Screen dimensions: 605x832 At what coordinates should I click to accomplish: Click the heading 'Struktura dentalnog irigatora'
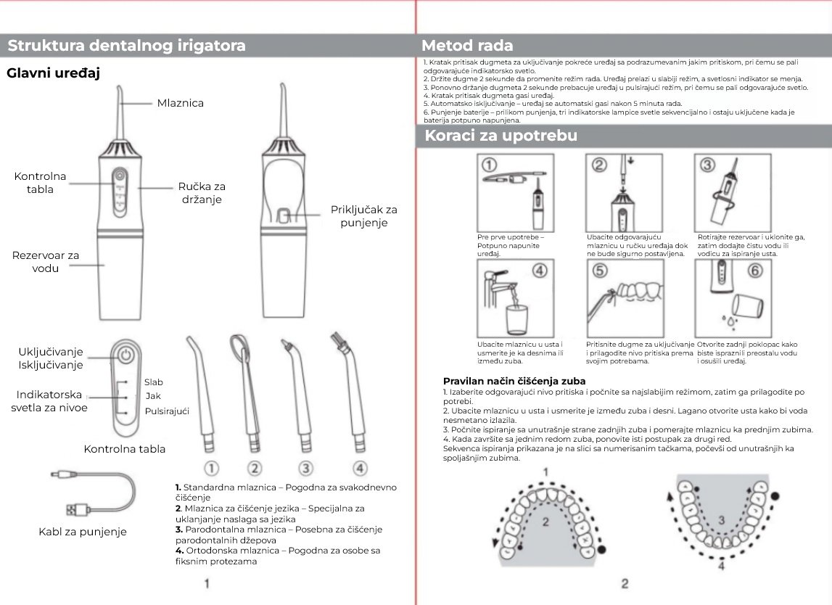click(126, 46)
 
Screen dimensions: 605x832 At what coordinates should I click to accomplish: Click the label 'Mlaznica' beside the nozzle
click(181, 103)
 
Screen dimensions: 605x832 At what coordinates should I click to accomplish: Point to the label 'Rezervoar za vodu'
click(46, 262)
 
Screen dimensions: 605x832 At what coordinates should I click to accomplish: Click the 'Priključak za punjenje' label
click(364, 215)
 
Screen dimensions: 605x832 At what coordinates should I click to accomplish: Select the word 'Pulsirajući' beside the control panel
click(167, 411)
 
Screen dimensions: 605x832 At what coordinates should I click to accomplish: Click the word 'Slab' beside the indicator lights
click(153, 382)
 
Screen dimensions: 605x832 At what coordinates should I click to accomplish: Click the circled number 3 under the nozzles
click(306, 468)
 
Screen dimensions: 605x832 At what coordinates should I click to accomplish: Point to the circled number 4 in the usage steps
click(539, 271)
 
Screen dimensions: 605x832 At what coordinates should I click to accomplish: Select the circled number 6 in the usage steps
click(754, 271)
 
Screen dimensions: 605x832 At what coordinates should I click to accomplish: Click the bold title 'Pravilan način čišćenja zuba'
click(514, 381)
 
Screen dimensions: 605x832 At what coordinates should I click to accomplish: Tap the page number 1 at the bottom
click(207, 583)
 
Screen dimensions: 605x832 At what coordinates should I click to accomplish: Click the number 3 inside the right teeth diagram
click(721, 519)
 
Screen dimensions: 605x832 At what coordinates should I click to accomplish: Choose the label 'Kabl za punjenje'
click(83, 532)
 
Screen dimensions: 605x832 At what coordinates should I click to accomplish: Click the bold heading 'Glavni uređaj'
click(53, 73)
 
